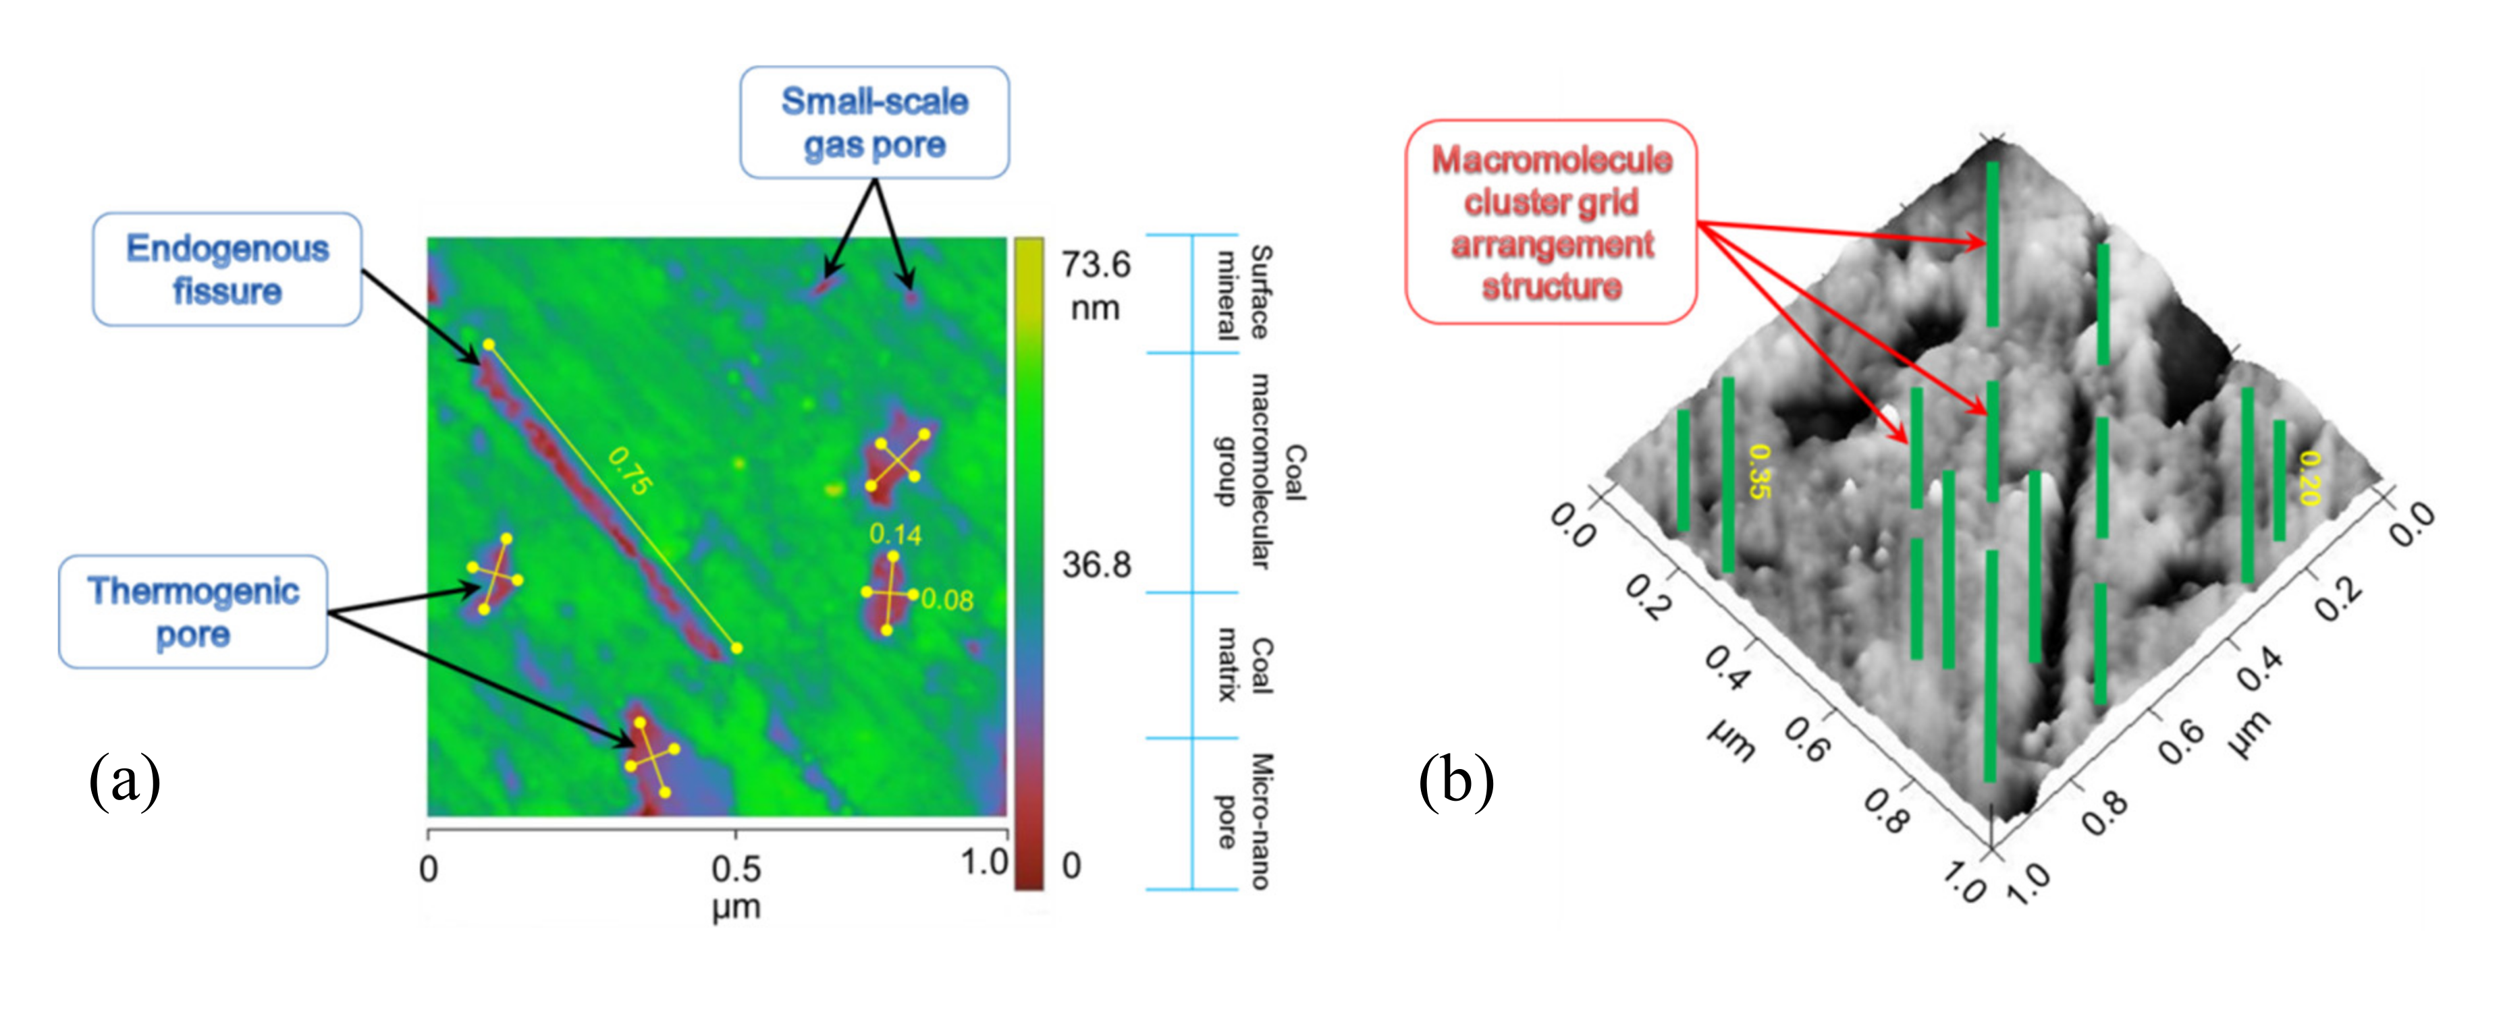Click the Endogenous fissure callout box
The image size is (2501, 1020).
point(227,270)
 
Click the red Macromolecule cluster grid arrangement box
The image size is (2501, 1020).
point(1551,222)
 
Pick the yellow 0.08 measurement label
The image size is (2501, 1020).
point(946,600)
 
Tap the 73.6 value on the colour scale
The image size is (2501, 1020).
point(1095,264)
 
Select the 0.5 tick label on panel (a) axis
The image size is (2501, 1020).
point(735,869)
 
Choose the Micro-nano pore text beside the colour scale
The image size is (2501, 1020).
point(1243,820)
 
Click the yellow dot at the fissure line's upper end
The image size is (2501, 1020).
point(488,345)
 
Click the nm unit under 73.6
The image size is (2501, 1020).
point(1094,308)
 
